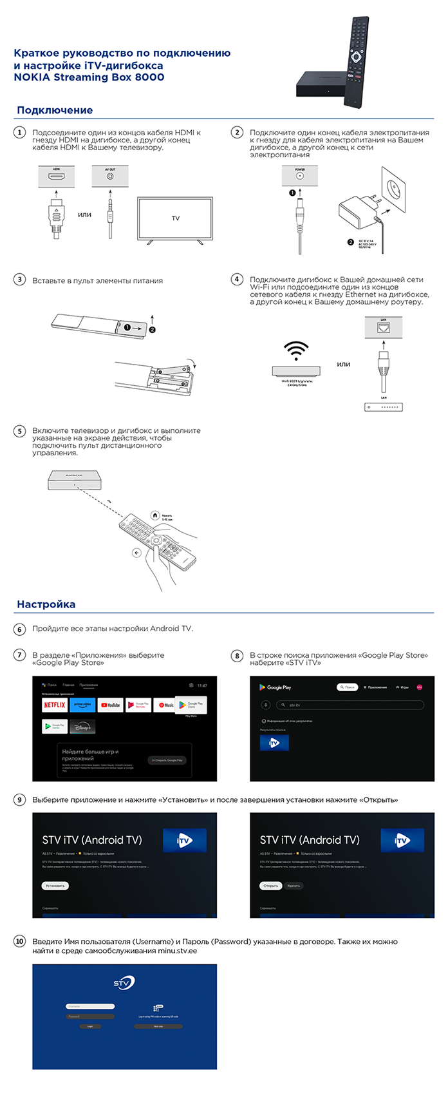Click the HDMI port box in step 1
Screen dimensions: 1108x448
tap(56, 176)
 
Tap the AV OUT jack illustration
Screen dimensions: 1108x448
tap(110, 176)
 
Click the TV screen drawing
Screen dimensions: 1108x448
tap(175, 218)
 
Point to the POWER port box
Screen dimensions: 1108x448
tap(299, 175)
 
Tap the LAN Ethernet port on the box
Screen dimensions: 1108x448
tap(383, 327)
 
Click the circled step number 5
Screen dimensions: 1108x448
tap(20, 431)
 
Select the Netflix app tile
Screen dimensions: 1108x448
tap(55, 705)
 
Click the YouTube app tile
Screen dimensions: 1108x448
tap(111, 705)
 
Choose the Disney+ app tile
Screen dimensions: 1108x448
tap(83, 727)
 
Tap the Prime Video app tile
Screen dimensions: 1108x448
tap(82, 705)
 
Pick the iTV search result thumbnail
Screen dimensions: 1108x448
tap(274, 743)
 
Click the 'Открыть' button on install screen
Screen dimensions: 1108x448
tap(270, 886)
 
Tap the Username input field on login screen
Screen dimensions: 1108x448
tap(90, 1006)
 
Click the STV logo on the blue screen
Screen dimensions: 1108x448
tap(124, 983)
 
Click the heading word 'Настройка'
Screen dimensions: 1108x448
tap(46, 604)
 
